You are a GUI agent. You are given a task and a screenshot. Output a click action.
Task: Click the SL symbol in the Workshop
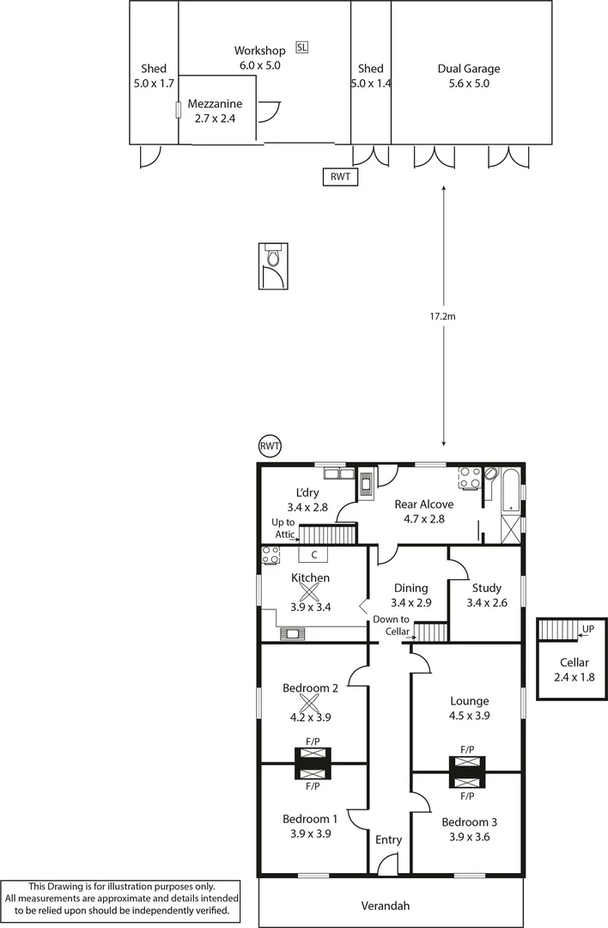coord(301,47)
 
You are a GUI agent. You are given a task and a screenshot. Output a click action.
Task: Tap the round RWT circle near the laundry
coord(270,446)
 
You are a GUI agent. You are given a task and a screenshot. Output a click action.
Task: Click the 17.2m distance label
coord(443,316)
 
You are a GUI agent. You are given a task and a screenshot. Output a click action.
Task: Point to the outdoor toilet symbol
coord(274,258)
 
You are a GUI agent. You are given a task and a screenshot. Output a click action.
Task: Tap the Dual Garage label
coord(468,69)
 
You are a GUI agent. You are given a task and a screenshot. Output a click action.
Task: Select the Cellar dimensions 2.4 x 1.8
coord(574,677)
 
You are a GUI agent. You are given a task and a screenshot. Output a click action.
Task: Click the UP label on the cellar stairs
coord(587,629)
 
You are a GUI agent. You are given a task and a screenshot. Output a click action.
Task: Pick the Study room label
coord(486,588)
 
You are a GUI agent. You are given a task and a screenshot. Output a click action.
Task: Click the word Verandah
coord(385,905)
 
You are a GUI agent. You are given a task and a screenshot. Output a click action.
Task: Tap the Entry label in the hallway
coord(389,839)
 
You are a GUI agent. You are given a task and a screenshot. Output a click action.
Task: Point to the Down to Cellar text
coord(391,626)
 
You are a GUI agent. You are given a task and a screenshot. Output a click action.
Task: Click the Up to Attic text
coord(283,528)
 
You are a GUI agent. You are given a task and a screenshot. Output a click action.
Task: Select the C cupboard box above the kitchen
coord(314,554)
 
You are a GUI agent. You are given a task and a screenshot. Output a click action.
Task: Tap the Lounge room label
coord(469,700)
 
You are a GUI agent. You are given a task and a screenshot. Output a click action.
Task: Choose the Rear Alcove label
coord(423,504)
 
